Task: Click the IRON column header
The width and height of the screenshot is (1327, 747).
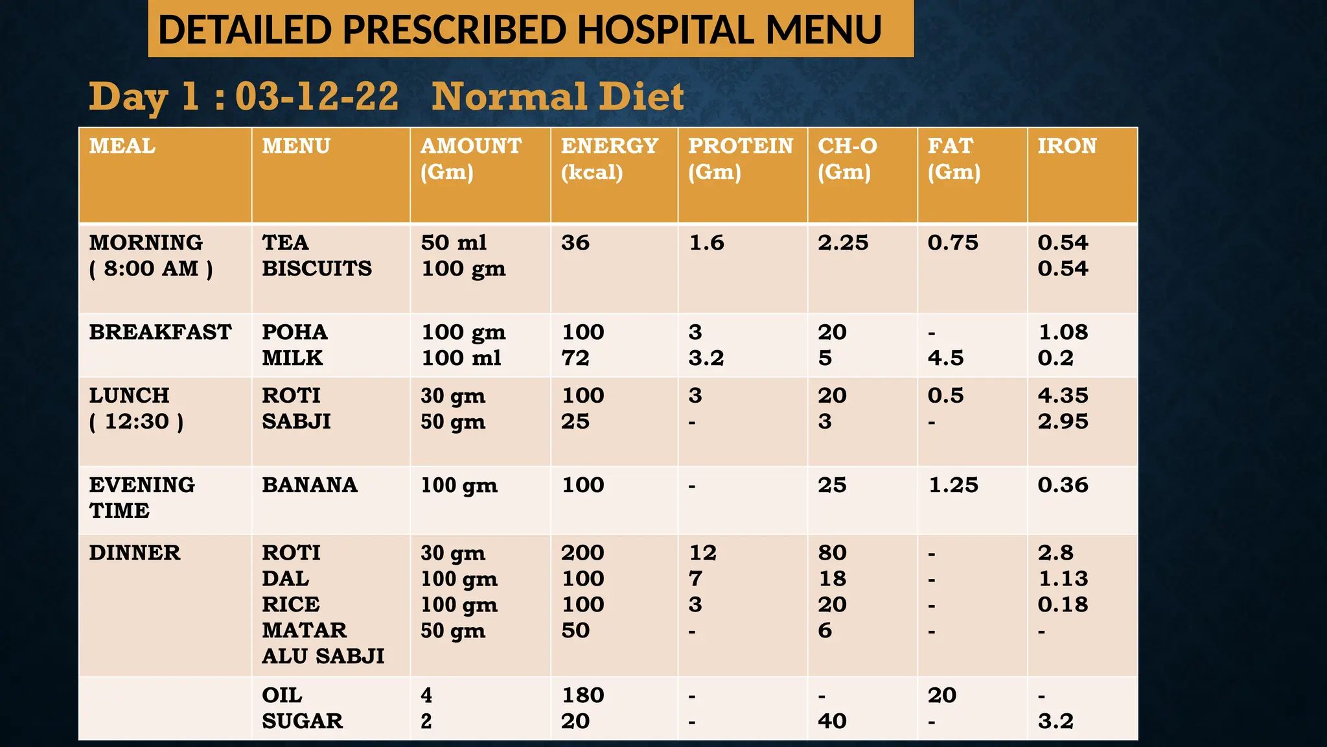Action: [x=1067, y=146]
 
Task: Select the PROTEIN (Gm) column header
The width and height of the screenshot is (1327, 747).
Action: [x=740, y=158]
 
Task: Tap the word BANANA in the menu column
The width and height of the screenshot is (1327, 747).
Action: [x=310, y=485]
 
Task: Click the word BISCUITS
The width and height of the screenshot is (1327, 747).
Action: [x=317, y=268]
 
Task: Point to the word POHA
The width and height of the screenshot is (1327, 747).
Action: [x=295, y=332]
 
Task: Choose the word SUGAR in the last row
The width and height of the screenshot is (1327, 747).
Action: [x=302, y=721]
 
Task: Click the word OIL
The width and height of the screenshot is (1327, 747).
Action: [x=282, y=695]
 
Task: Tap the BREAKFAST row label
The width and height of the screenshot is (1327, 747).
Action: [x=160, y=332]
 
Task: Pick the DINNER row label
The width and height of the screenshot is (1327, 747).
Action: [x=135, y=552]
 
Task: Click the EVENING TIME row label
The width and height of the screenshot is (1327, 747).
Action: [x=141, y=497]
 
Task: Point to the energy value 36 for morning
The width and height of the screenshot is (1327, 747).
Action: [x=575, y=243]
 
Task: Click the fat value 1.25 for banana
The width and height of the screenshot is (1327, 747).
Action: [x=953, y=485]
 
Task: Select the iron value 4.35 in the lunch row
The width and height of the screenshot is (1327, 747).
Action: [x=1063, y=396]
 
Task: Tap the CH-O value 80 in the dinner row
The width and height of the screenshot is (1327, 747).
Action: [x=832, y=552]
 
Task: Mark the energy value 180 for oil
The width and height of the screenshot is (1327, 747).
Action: [x=583, y=695]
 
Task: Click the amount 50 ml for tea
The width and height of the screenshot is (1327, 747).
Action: [x=454, y=243]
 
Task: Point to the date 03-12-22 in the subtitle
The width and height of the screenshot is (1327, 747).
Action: [x=317, y=97]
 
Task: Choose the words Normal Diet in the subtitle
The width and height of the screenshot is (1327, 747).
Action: [x=557, y=97]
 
